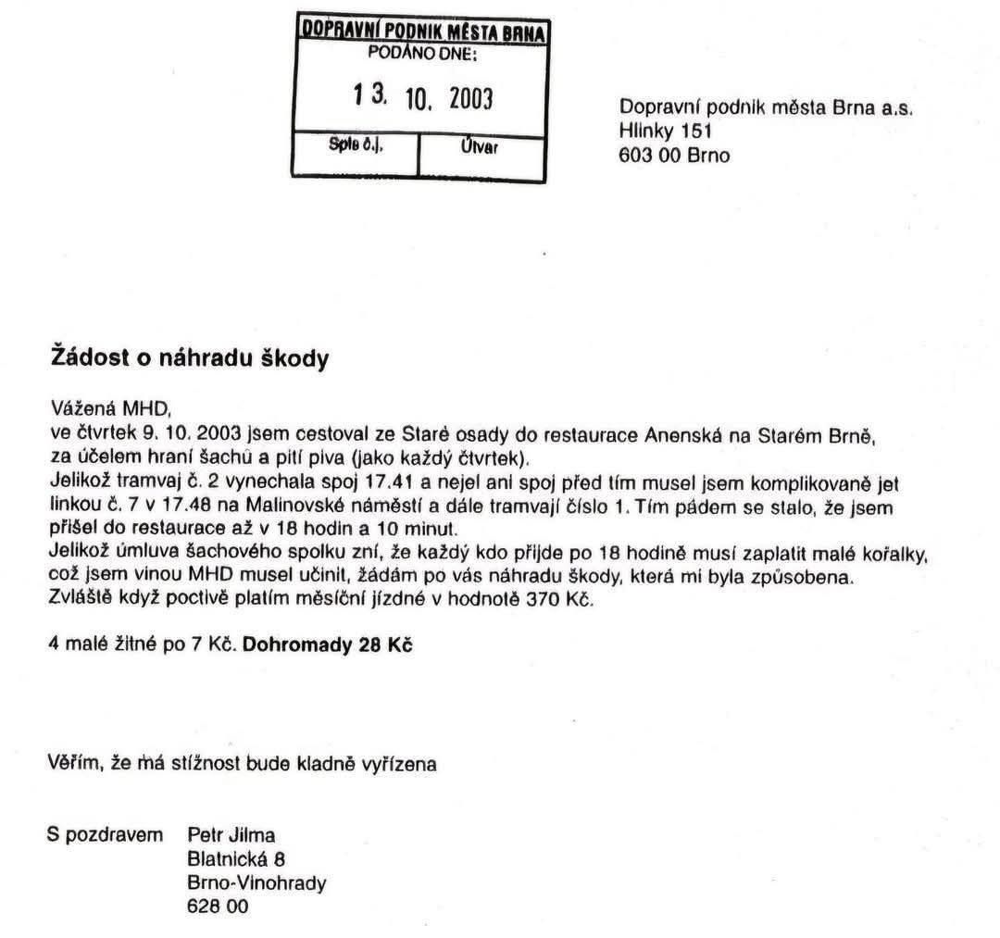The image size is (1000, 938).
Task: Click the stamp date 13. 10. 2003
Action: (422, 96)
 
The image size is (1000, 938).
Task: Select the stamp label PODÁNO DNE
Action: (422, 54)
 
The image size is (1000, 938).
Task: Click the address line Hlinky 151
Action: (665, 131)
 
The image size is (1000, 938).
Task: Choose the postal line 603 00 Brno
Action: (673, 155)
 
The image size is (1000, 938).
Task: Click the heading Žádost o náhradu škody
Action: (188, 359)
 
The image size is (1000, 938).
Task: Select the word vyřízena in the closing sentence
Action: (399, 764)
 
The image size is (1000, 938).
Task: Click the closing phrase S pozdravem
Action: (105, 834)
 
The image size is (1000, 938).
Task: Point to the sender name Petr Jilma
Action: (231, 834)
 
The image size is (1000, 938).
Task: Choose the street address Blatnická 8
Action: (235, 858)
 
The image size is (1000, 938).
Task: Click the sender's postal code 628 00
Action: (218, 907)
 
